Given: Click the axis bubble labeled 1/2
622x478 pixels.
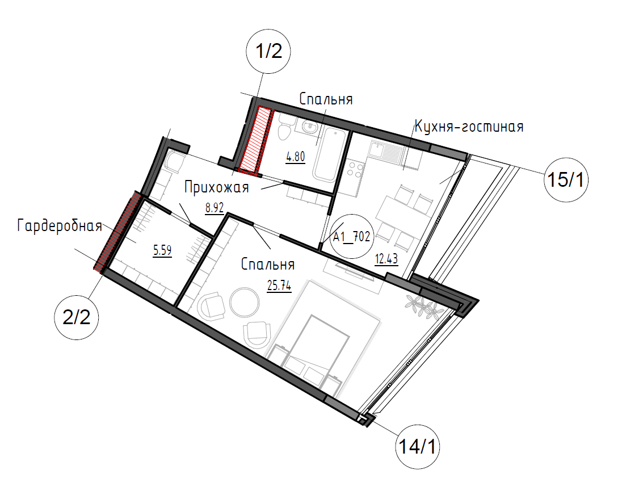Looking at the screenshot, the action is click(x=268, y=51).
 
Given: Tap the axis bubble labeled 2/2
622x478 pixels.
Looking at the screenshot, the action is click(x=77, y=317).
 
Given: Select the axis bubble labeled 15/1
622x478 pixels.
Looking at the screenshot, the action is click(x=566, y=180).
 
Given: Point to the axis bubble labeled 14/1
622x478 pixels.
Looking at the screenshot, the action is click(x=417, y=447).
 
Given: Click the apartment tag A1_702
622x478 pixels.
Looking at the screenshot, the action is click(x=351, y=237).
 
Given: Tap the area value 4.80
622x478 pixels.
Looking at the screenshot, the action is click(x=296, y=157).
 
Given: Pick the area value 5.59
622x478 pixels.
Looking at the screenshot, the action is click(x=162, y=250).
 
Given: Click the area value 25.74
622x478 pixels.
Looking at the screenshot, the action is click(x=279, y=286).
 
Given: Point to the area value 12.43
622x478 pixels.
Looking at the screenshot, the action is click(x=386, y=259).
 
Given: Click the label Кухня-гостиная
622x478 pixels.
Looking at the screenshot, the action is click(x=469, y=127).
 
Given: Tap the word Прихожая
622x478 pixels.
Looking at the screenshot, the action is click(x=217, y=187).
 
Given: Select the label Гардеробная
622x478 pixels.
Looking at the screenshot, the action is click(x=60, y=226).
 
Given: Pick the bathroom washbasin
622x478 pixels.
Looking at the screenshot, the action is click(x=308, y=127).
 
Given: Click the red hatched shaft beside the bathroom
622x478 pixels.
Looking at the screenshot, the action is click(x=257, y=141).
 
